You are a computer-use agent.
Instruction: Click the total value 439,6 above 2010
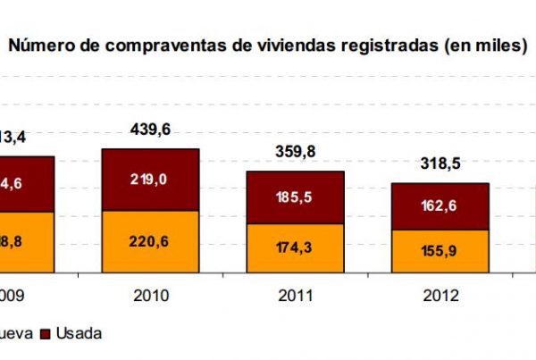[150, 130]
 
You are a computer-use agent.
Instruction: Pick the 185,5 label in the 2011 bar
[296, 197]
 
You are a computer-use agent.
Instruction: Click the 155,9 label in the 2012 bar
[440, 251]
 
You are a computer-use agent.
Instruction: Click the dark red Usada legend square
[45, 333]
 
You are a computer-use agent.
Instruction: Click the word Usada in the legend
[79, 333]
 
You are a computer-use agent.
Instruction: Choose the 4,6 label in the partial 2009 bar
[13, 184]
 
